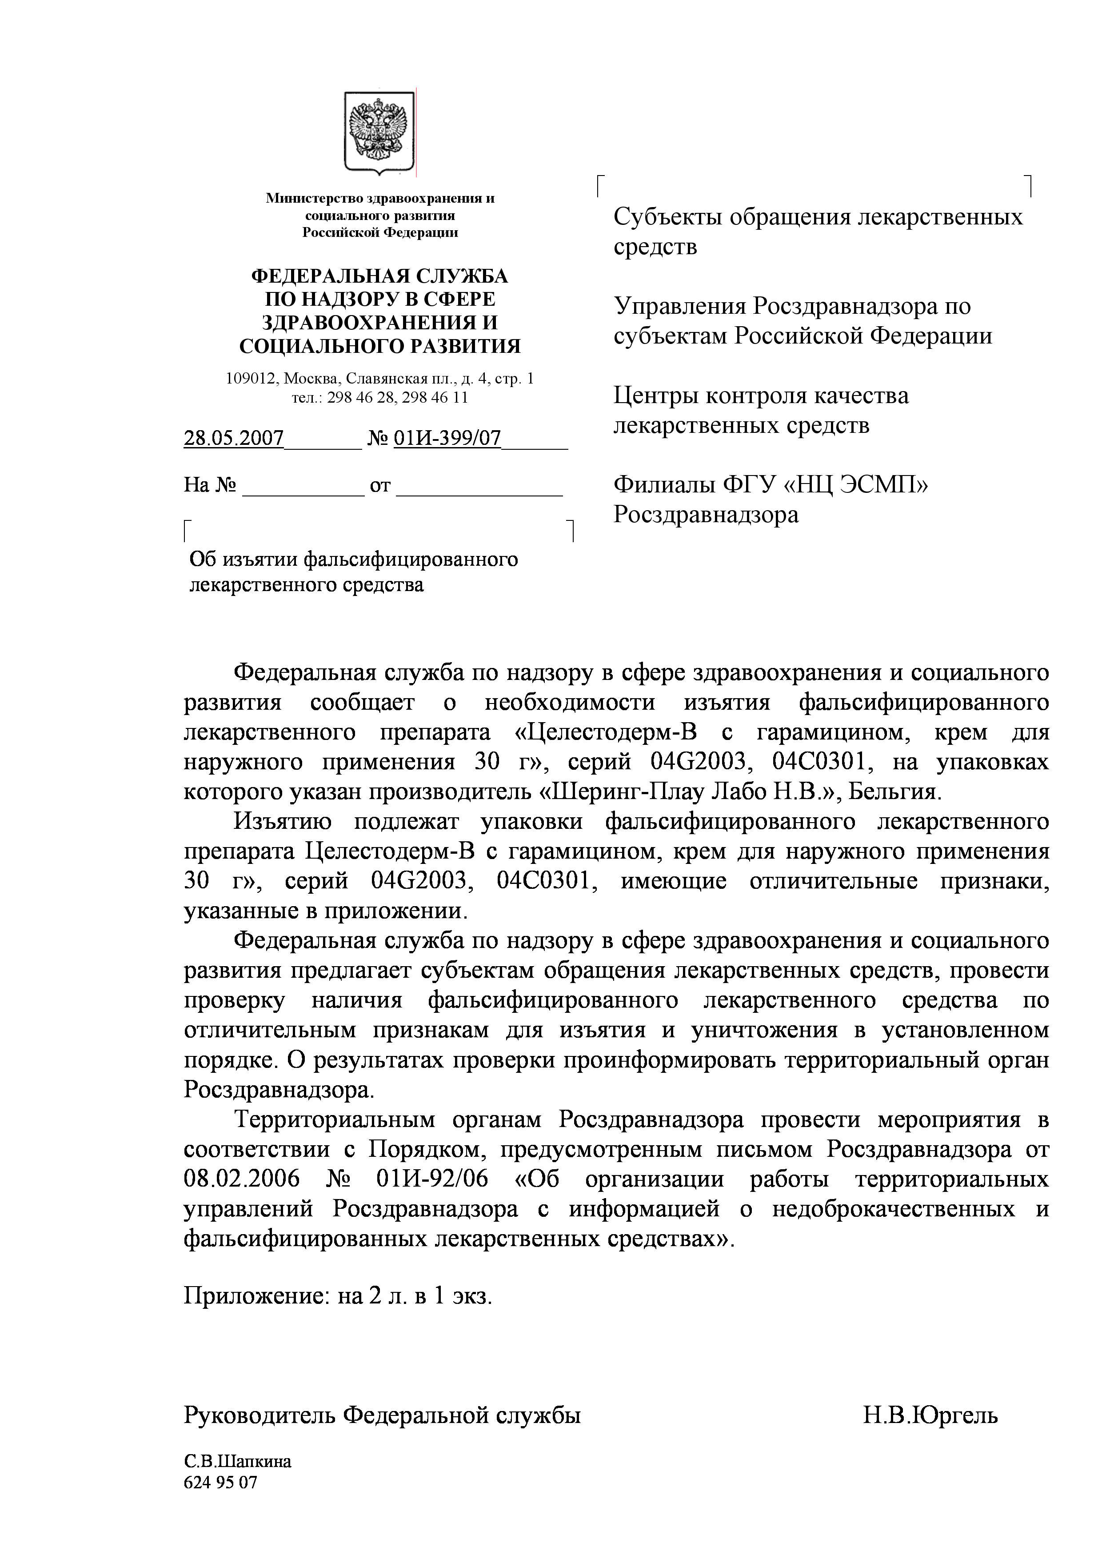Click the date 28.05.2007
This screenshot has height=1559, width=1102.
click(234, 438)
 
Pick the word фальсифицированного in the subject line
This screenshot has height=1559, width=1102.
click(410, 560)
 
